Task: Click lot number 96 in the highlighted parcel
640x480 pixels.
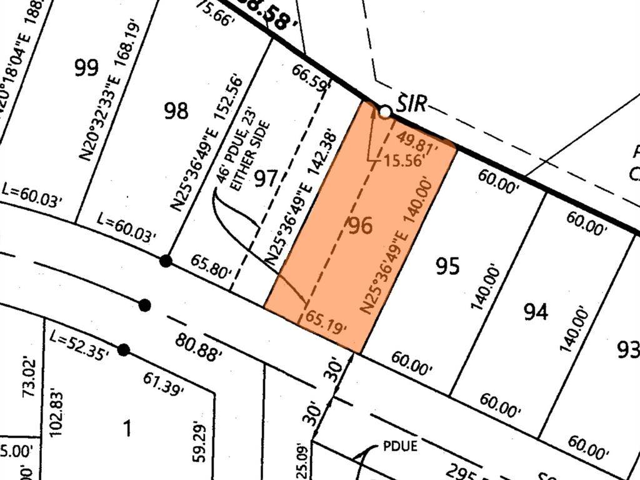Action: tap(361, 226)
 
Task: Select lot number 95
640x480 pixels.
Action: tap(447, 266)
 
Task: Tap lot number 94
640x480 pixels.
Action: tap(536, 311)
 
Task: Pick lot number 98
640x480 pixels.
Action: tap(176, 111)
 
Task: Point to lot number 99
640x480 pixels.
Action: tap(86, 67)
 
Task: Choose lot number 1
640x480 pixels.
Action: tap(127, 429)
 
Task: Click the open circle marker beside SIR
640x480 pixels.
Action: tap(386, 112)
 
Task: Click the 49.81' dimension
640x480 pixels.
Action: tap(418, 141)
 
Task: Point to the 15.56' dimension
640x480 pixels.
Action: tap(404, 160)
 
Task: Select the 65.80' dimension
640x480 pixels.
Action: tap(211, 269)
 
